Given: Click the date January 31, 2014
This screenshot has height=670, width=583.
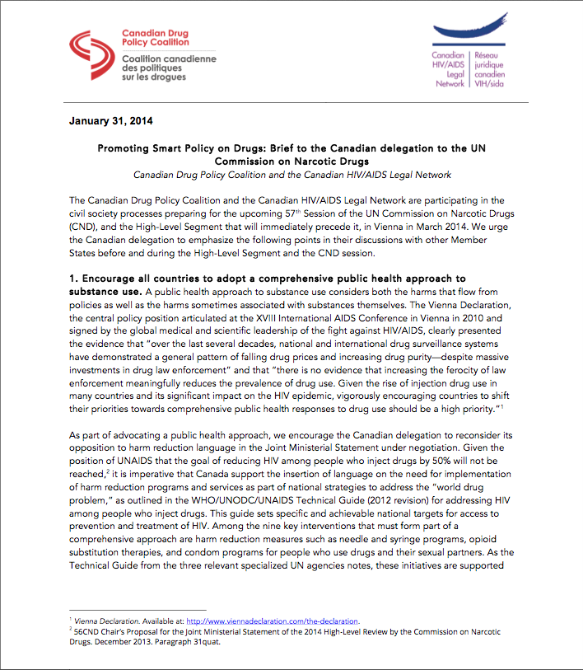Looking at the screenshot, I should (x=110, y=123).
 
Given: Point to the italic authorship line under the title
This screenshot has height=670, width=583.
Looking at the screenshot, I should (x=291, y=175).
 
